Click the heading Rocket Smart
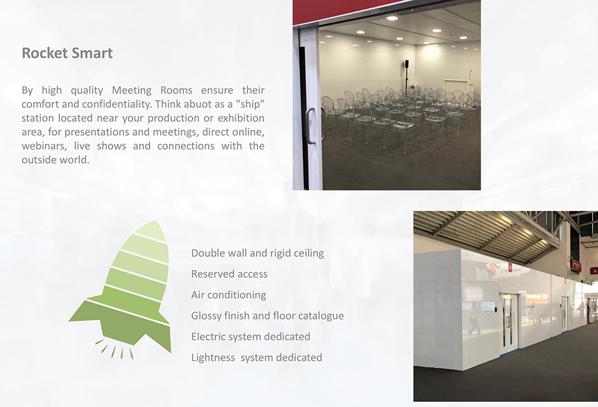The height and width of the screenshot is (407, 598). click(x=67, y=53)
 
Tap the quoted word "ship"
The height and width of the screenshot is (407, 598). click(x=250, y=104)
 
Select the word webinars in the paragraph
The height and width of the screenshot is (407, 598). click(x=43, y=146)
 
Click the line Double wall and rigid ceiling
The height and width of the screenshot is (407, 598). click(x=257, y=253)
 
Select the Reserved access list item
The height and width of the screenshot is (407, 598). click(x=229, y=274)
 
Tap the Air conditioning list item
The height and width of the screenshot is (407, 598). click(x=228, y=295)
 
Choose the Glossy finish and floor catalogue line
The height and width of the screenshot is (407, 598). click(x=267, y=316)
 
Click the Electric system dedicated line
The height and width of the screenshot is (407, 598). click(x=250, y=336)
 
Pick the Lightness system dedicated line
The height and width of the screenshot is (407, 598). click(x=257, y=358)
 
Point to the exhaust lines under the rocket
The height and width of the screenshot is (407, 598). click(x=114, y=349)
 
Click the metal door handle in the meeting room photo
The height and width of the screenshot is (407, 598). click(x=311, y=126)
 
